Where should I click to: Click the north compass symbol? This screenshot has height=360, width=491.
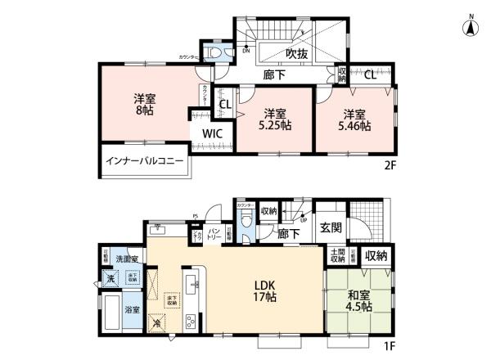pyautogui.click(x=472, y=27)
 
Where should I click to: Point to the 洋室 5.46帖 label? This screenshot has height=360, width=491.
pyautogui.click(x=355, y=120)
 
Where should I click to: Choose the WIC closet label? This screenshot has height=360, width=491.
pyautogui.click(x=213, y=133)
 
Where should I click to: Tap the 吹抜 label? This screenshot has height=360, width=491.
pyautogui.click(x=296, y=55)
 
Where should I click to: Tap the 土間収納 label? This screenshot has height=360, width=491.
pyautogui.click(x=337, y=257)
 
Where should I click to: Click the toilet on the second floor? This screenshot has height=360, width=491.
pyautogui.click(x=215, y=52)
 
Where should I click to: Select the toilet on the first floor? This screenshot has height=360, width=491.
pyautogui.click(x=245, y=220)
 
